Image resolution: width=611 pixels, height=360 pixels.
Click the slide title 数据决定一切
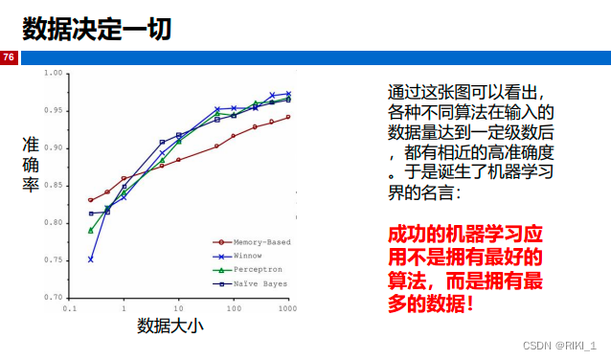(x=97, y=30)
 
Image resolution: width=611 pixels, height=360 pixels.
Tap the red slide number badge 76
(x=9, y=57)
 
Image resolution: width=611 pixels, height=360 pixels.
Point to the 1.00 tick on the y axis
(x=53, y=74)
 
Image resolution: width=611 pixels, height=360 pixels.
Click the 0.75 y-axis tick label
(x=53, y=260)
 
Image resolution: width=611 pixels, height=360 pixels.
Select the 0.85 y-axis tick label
(x=53, y=186)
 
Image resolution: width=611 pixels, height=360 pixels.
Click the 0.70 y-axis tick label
(x=53, y=298)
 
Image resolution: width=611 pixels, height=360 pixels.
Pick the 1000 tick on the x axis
(x=288, y=309)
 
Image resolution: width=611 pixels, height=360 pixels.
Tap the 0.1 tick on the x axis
(x=69, y=309)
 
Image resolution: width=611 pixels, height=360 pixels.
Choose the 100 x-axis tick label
(x=234, y=309)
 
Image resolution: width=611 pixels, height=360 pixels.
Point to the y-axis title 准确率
(x=31, y=164)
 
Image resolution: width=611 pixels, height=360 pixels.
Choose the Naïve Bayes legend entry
(x=255, y=284)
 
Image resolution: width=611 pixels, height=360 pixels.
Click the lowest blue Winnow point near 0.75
(x=91, y=259)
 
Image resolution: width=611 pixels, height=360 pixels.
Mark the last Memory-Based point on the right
(x=288, y=117)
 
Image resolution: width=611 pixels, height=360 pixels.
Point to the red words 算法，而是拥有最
(x=464, y=279)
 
